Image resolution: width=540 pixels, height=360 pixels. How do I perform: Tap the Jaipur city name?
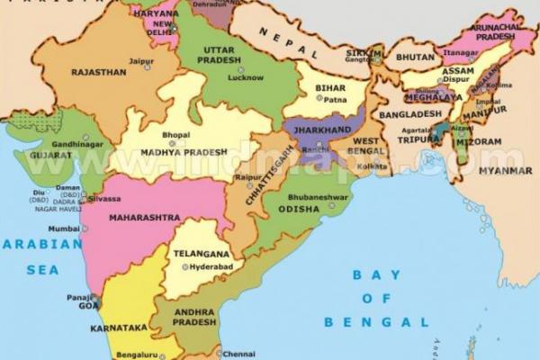pyautogui.click(x=140, y=61)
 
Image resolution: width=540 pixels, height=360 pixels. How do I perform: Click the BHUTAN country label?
pyautogui.click(x=415, y=56)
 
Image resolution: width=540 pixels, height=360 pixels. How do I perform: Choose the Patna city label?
pyautogui.click(x=335, y=100)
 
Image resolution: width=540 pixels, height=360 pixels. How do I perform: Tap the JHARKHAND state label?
pyautogui.click(x=322, y=130)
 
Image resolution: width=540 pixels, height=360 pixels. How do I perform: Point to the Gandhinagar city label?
pyautogui.click(x=77, y=143)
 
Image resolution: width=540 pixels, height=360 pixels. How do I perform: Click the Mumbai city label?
pyautogui.click(x=64, y=229)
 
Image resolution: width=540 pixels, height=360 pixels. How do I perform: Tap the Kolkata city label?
pyautogui.click(x=370, y=166)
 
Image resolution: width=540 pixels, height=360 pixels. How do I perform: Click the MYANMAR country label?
pyautogui.click(x=505, y=170)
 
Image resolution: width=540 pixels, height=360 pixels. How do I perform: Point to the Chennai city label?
pyautogui.click(x=235, y=353)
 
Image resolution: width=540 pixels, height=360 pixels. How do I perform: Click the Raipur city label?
pyautogui.click(x=246, y=178)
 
